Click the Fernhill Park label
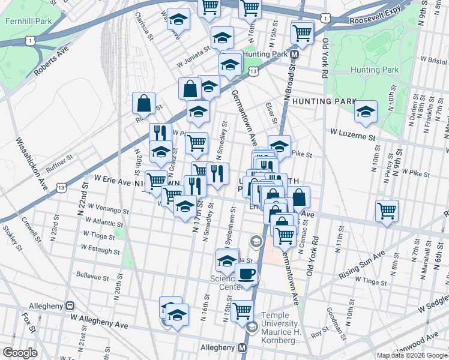click(x=25, y=20)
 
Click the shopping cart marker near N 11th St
click(x=387, y=211)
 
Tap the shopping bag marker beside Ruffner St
click(x=145, y=103)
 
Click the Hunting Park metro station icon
click(x=294, y=55)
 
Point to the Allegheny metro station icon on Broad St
click(x=243, y=348)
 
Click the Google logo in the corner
click(x=20, y=353)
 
